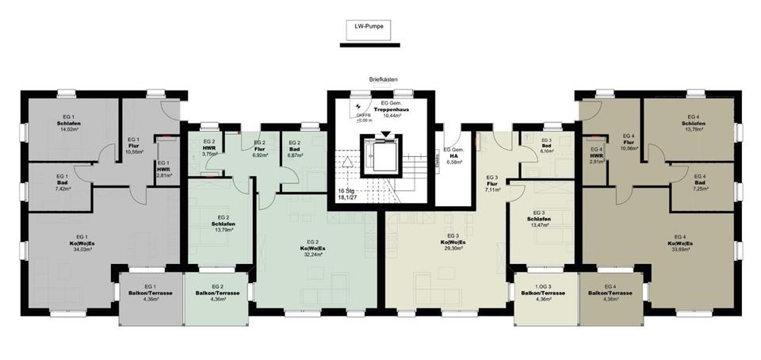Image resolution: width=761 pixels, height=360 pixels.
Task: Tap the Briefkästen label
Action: pos(382,80)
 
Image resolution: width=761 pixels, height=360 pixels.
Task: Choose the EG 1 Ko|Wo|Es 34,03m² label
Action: pos(81,243)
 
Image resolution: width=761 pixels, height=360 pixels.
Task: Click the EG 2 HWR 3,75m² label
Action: pos(208,149)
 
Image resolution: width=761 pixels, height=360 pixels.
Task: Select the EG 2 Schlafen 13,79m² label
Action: pos(224,224)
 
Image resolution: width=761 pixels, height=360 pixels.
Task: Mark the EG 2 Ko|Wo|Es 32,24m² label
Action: pos(312,247)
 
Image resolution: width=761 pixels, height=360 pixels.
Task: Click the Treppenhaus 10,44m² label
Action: pos(394,109)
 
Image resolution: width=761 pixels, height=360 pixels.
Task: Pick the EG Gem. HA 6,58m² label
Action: pos(453,156)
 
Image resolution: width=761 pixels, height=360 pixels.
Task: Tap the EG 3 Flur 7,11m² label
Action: pos(491,184)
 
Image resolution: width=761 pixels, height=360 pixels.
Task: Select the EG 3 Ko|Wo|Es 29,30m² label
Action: pos(453,242)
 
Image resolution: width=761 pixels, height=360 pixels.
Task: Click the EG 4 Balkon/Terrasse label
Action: pos(610,293)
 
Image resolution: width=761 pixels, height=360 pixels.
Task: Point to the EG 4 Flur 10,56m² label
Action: pos(629,142)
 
